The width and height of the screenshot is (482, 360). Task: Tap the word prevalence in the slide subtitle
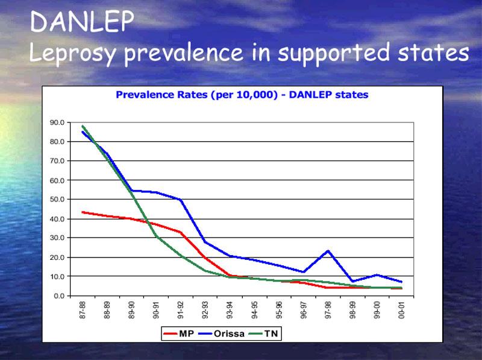(x=184, y=53)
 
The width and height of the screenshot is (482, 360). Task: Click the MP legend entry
(x=178, y=333)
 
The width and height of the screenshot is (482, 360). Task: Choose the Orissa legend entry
(x=221, y=333)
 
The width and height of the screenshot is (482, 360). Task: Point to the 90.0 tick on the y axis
(x=57, y=123)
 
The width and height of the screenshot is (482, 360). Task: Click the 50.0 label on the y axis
(x=57, y=200)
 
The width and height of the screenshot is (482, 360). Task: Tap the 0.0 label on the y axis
(x=59, y=296)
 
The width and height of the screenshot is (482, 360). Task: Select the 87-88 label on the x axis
(x=83, y=310)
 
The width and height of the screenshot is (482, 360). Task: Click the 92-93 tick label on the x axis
(x=205, y=310)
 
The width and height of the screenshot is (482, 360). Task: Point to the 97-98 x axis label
(x=328, y=310)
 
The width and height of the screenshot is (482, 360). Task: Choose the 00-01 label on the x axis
(x=401, y=310)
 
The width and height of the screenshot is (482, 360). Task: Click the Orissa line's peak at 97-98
(x=328, y=251)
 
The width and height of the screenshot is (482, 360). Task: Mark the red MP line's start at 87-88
(x=83, y=212)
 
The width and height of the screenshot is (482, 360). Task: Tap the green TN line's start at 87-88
(x=83, y=126)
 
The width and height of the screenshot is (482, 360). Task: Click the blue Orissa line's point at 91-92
(x=181, y=200)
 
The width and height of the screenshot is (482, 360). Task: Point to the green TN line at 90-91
(x=156, y=236)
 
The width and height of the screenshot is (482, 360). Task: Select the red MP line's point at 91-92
(x=181, y=232)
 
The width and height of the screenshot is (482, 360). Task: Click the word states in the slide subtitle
(x=433, y=52)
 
